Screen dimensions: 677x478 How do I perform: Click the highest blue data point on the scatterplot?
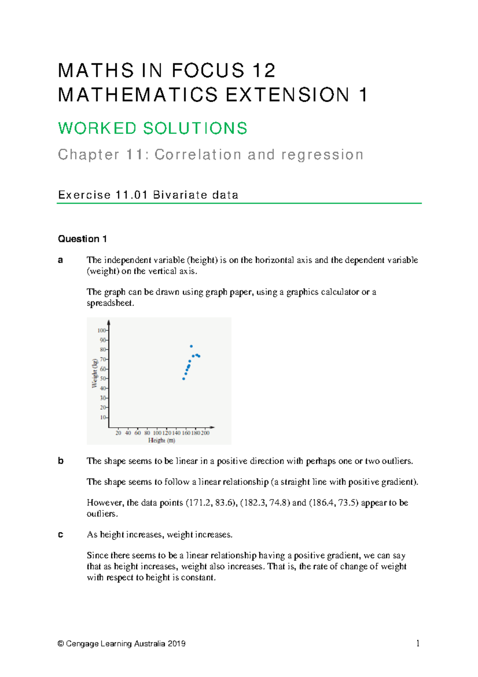[191, 346]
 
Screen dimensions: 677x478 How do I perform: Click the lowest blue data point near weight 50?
[184, 379]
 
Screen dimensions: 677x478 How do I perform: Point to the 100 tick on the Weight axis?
[102, 330]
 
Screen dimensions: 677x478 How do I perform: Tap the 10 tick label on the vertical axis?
[103, 417]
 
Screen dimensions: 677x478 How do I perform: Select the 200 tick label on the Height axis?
[205, 433]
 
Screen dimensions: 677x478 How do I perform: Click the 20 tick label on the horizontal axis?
[118, 433]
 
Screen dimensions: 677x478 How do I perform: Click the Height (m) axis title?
[161, 441]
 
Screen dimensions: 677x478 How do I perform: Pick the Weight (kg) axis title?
[95, 373]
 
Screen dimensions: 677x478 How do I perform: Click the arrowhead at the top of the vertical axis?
[109, 322]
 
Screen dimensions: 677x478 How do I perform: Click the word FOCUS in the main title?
[208, 71]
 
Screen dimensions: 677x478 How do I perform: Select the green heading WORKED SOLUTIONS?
[153, 128]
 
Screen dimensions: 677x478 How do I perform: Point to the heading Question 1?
[82, 239]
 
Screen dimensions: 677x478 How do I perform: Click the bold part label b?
[61, 461]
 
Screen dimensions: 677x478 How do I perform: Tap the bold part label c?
[61, 535]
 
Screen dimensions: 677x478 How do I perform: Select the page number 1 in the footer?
[417, 643]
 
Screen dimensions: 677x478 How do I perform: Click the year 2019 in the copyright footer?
[176, 644]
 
